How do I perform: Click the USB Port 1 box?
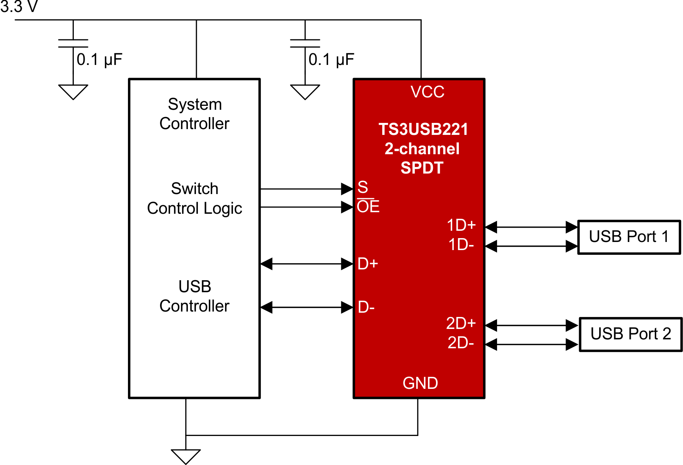[x=628, y=237]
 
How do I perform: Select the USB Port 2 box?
[x=630, y=334]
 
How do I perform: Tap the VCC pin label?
[x=427, y=92]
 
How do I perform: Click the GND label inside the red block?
[x=420, y=383]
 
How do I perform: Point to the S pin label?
[x=363, y=187]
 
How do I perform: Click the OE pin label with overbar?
[x=368, y=206]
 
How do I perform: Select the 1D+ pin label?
[x=461, y=225]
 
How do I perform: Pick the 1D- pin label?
[x=461, y=245]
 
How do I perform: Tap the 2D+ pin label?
[x=460, y=324]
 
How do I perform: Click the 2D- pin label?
[x=460, y=343]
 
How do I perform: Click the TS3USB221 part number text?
[x=423, y=129]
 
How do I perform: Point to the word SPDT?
[x=422, y=168]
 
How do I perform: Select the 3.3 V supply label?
[x=19, y=7]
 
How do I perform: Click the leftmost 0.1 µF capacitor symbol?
[x=73, y=43]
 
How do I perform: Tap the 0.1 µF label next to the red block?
[x=331, y=60]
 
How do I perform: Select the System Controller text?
[x=194, y=114]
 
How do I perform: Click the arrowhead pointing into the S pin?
[x=347, y=189]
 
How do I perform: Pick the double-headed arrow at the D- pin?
[x=307, y=308]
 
